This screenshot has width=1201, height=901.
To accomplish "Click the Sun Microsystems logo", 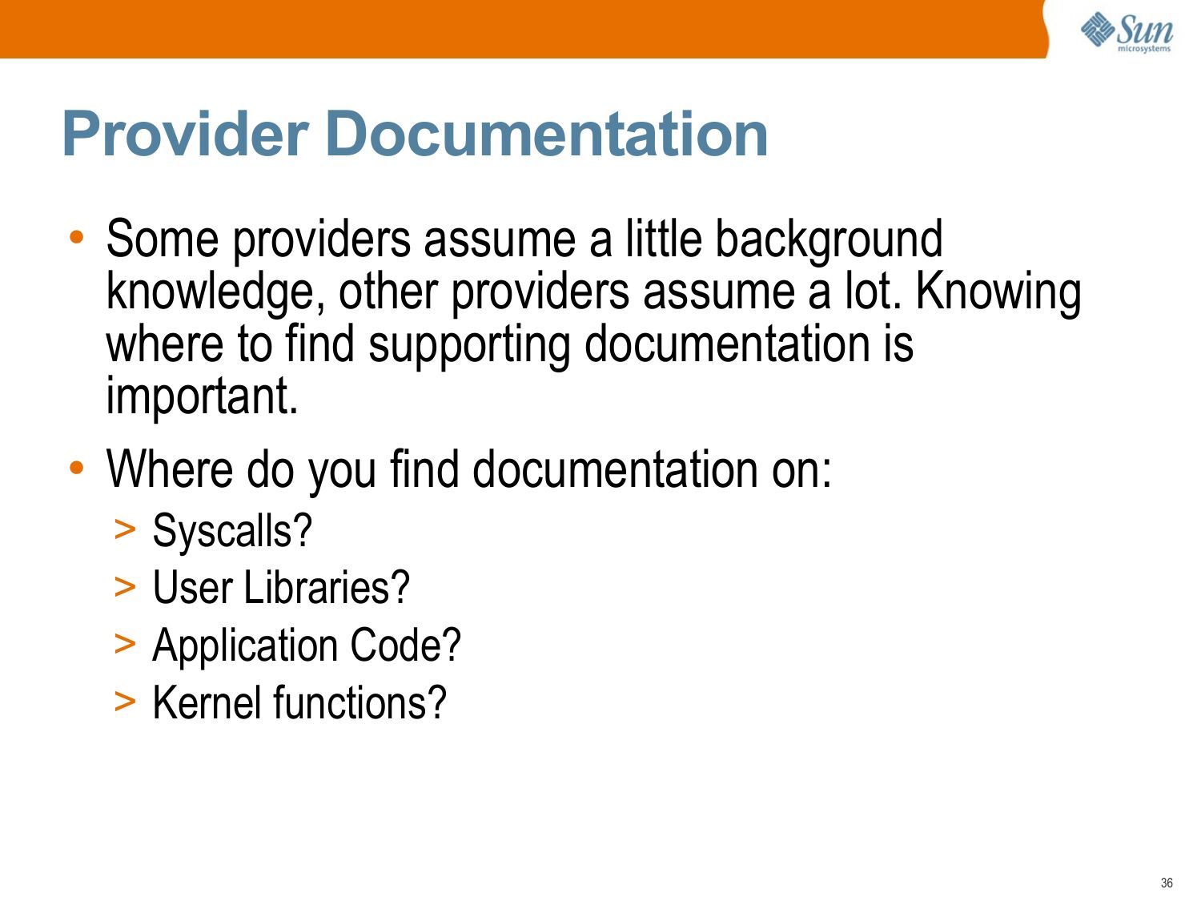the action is click(x=1126, y=31).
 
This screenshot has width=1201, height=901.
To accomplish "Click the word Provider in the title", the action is click(x=186, y=134).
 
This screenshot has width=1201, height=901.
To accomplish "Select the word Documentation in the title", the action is click(x=547, y=134).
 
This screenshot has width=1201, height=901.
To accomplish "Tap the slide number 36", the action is click(x=1166, y=883).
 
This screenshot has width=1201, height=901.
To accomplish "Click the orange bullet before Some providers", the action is click(x=77, y=237).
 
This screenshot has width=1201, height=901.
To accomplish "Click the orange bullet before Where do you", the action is click(x=77, y=469).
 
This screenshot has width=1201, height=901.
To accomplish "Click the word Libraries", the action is click(x=326, y=588).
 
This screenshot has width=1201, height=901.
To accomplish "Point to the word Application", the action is click(x=244, y=646).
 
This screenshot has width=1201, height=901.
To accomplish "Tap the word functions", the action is click(x=359, y=703).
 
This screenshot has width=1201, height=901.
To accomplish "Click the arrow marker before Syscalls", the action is click(x=125, y=530).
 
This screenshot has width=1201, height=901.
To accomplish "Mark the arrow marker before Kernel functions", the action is click(x=125, y=702).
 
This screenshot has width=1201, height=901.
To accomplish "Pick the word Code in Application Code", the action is click(x=405, y=646).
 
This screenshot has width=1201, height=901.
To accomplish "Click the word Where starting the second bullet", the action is click(x=170, y=470).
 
